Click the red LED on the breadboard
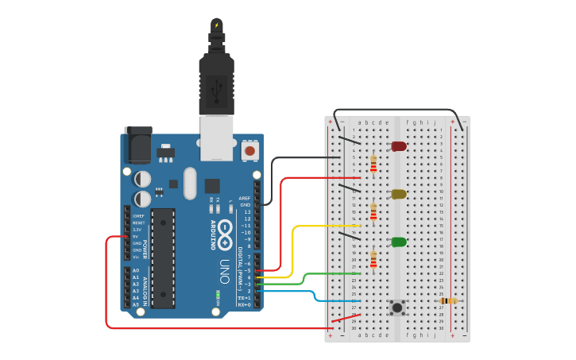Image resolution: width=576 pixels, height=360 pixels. click(399, 146)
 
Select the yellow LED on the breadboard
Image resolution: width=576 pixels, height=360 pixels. click(399, 194)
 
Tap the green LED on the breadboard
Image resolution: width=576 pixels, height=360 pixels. click(399, 242)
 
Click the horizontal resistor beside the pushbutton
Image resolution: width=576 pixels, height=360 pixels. click(449, 300)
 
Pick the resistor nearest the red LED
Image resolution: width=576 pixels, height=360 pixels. click(373, 163)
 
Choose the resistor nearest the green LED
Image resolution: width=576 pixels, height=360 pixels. click(373, 259)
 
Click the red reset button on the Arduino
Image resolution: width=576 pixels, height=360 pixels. click(249, 149)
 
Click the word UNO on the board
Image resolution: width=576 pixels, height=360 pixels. click(225, 266)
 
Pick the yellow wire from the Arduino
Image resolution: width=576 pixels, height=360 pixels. click(293, 246)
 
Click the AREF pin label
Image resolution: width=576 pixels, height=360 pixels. click(245, 198)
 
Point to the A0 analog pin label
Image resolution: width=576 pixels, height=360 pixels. click(135, 270)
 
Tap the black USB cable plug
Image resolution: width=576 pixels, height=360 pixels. click(216, 79)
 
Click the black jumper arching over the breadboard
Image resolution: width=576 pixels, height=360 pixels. click(397, 110)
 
